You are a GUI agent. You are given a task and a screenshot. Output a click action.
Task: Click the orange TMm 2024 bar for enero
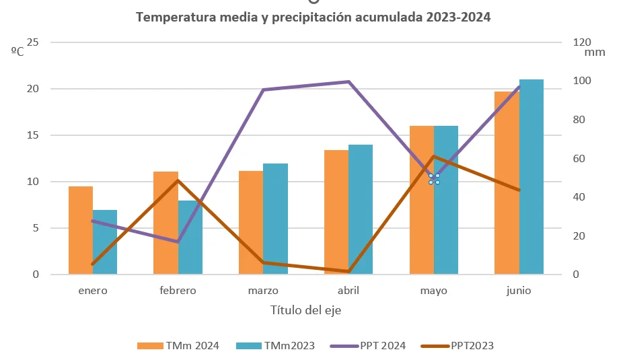click(x=81, y=230)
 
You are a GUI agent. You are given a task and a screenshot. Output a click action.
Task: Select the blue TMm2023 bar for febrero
click(x=190, y=237)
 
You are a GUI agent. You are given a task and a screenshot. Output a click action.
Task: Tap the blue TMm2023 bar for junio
click(x=531, y=176)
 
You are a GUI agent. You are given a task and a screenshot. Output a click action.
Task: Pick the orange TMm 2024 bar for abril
click(x=336, y=212)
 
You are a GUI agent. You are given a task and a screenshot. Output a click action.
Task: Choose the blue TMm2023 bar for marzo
click(x=275, y=219)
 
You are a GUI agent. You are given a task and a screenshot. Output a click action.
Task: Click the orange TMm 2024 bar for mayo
click(x=422, y=200)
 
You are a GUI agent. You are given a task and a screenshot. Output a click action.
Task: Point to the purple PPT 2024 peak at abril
click(x=348, y=82)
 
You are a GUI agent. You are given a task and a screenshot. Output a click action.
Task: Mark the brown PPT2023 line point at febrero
click(x=178, y=180)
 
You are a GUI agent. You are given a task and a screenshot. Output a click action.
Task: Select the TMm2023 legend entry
click(x=277, y=346)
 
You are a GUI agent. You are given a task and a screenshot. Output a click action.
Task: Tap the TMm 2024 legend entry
click(x=178, y=346)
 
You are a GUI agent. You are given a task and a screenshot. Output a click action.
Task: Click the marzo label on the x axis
click(x=263, y=291)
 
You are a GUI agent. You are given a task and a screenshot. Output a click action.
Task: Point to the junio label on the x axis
click(x=519, y=291)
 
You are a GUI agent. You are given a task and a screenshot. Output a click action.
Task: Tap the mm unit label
click(x=595, y=52)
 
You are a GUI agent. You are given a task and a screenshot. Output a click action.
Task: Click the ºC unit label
click(x=17, y=51)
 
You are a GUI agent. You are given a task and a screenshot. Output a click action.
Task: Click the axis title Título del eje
click(x=311, y=310)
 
